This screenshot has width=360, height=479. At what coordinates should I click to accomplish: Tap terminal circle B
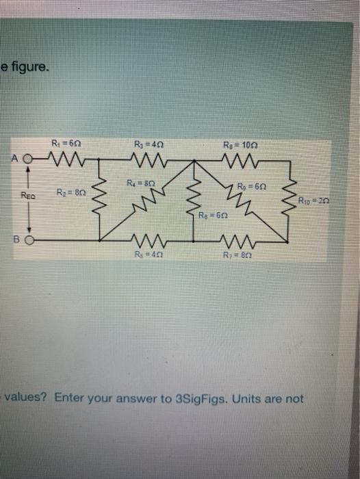(31, 241)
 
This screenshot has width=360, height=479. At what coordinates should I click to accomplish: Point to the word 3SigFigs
(196, 398)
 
